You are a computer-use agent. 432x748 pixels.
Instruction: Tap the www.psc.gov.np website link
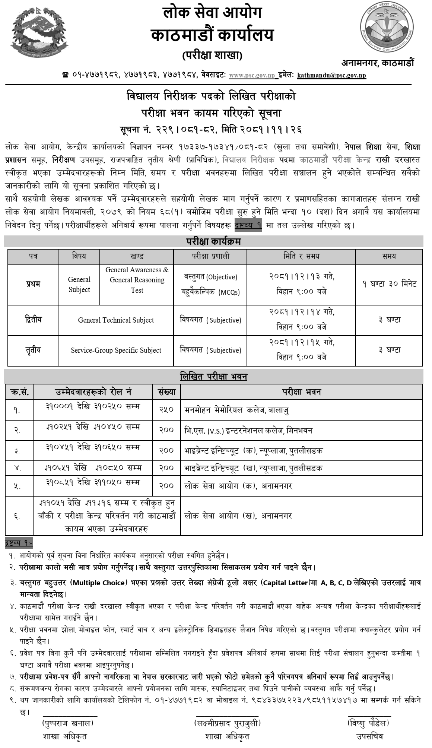pos(252,76)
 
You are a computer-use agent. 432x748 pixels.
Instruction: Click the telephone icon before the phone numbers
pos(66,76)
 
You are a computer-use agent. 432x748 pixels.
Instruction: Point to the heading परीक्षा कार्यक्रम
pos(213,241)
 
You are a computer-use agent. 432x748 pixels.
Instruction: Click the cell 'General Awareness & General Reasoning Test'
pos(137,280)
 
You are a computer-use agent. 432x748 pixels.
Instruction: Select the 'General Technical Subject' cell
pos(116,320)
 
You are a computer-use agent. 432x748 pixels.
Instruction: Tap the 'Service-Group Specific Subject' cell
pos(116,351)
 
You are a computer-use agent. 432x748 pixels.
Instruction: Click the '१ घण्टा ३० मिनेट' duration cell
pos(389,284)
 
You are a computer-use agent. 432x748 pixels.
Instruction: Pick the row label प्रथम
pos(33,284)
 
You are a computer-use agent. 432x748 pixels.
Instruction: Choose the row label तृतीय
pos(33,350)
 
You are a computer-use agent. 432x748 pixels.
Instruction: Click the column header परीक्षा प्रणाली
pos(210,256)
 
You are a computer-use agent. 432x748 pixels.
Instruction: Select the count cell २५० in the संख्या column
pos(166,410)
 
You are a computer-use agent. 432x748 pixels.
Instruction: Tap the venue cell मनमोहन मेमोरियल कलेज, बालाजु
pos(237,410)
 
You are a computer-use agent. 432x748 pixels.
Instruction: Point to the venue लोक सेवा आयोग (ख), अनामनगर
pos(238,516)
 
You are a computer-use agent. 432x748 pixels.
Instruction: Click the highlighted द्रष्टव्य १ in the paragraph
pos(248,225)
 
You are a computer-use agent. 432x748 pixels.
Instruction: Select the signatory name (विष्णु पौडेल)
pos(369,723)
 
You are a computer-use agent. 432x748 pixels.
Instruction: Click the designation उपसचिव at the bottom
pos(369,736)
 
